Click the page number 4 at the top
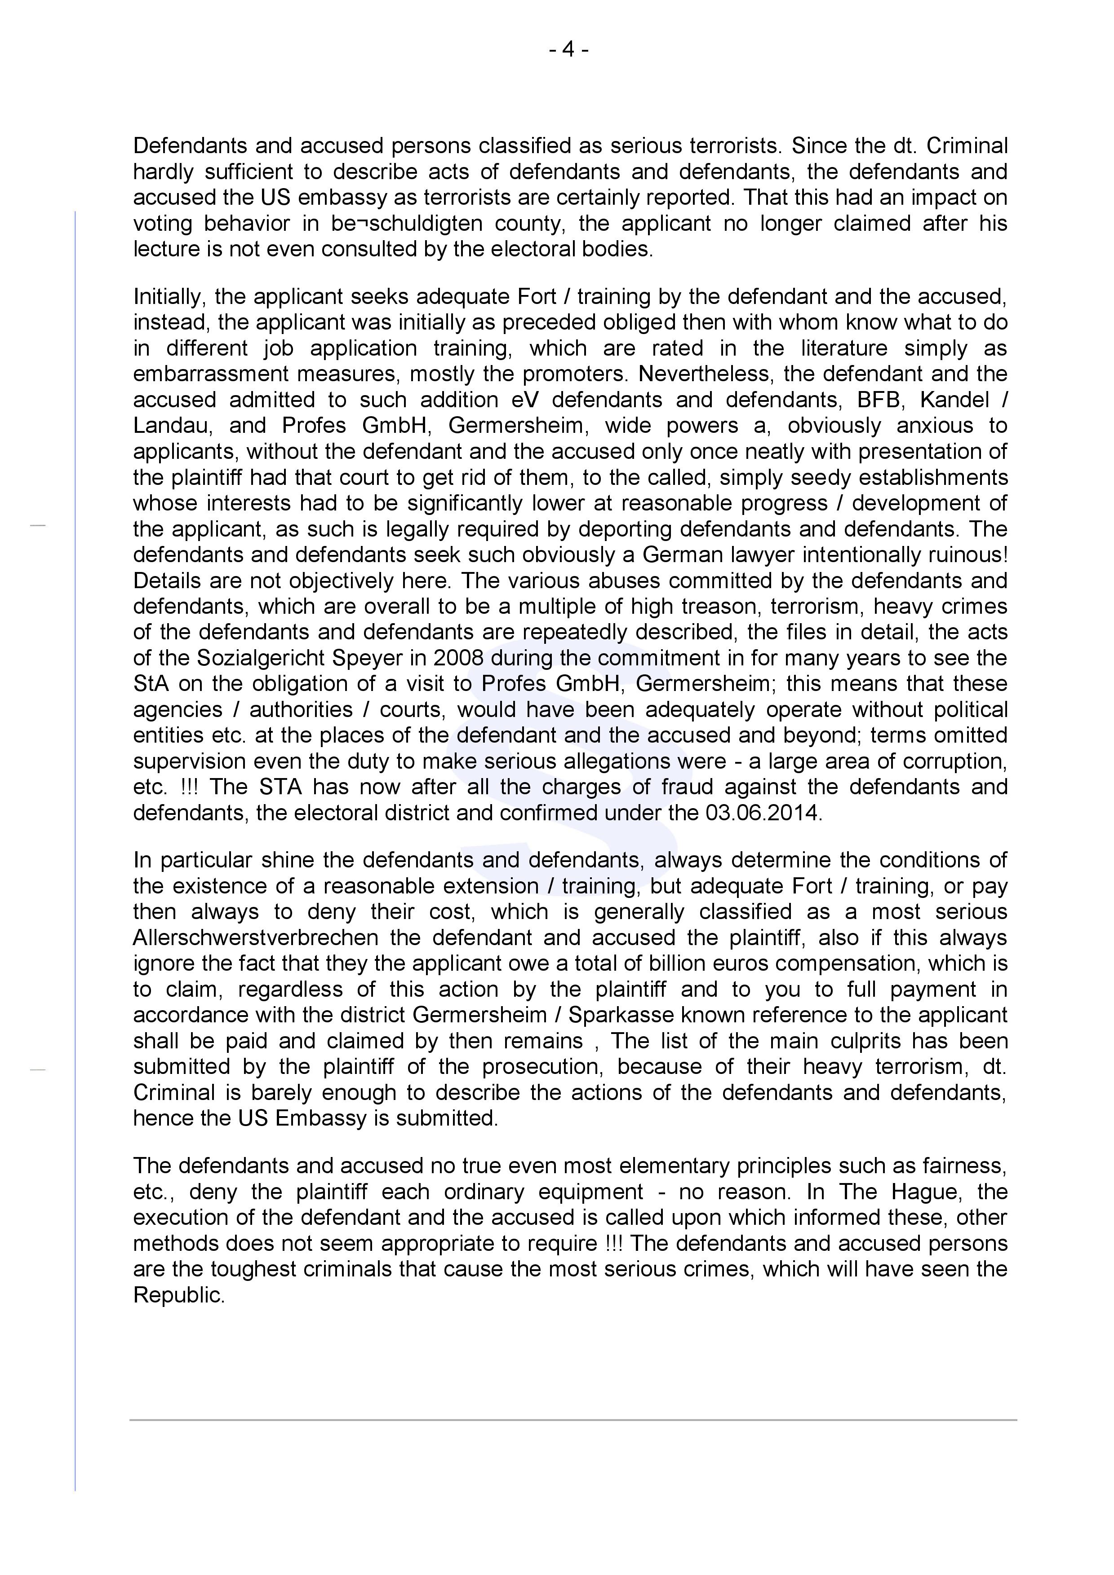(568, 50)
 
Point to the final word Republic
(178, 1295)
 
